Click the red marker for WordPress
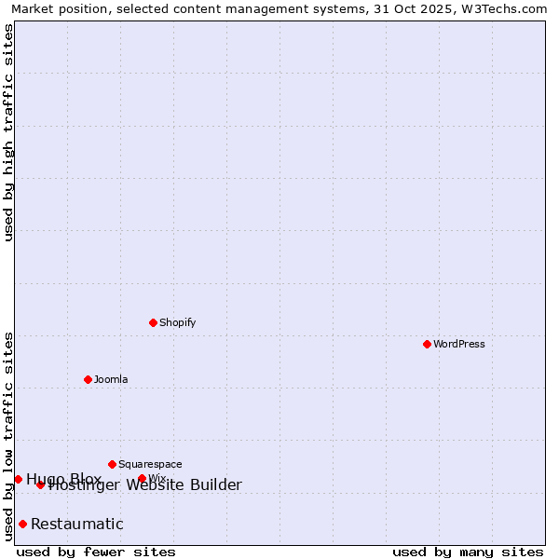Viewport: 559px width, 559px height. click(427, 344)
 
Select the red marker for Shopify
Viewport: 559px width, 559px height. click(153, 322)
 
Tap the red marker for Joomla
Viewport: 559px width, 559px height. click(88, 379)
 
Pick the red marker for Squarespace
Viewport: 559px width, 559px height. click(112, 464)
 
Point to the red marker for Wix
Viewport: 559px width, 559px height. click(142, 479)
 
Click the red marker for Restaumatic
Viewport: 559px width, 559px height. click(22, 524)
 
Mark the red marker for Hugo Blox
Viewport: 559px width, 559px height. click(18, 479)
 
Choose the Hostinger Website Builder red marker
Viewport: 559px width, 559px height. click(40, 484)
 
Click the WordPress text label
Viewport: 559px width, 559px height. click(459, 344)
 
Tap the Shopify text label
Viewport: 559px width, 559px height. click(178, 322)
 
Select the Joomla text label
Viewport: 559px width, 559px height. click(111, 379)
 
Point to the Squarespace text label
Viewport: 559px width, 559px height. click(150, 464)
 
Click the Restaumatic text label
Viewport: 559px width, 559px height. click(77, 524)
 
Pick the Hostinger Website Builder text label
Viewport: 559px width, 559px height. click(145, 485)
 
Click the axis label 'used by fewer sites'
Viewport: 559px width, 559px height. click(96, 552)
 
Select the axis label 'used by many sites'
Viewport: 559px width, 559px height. click(468, 552)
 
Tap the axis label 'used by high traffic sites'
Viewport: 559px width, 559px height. click(9, 131)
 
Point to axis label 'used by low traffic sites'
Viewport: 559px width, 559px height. click(9, 436)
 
